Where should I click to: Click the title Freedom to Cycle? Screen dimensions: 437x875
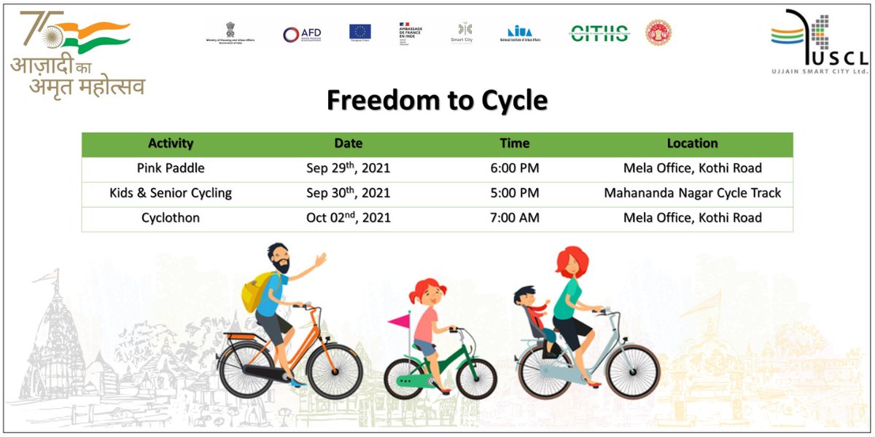tap(437, 101)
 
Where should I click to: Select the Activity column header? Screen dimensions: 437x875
tap(171, 143)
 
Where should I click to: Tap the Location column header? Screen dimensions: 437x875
tap(692, 143)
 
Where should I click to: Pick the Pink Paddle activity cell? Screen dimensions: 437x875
tap(171, 168)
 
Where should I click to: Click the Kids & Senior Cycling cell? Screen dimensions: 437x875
tap(171, 193)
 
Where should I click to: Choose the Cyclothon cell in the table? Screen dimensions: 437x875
tap(171, 218)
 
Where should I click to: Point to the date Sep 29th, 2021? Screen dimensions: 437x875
tap(348, 168)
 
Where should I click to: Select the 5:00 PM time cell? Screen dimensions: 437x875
tap(515, 193)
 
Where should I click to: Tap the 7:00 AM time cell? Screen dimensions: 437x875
tap(515, 218)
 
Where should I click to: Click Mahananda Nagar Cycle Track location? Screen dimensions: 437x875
tap(692, 193)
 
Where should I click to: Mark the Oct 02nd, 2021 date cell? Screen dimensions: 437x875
tap(348, 218)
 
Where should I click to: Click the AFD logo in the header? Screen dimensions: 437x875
tap(302, 34)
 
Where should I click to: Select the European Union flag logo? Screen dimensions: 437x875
tap(359, 32)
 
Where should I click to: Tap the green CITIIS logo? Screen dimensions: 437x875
tap(599, 33)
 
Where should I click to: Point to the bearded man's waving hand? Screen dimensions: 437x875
tap(319, 259)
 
